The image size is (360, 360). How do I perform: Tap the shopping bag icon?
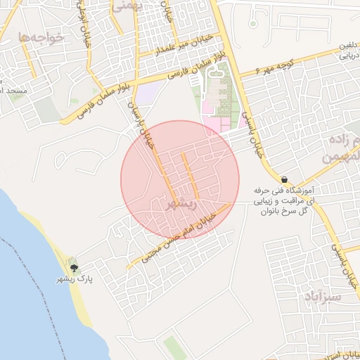[x=283, y=179]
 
